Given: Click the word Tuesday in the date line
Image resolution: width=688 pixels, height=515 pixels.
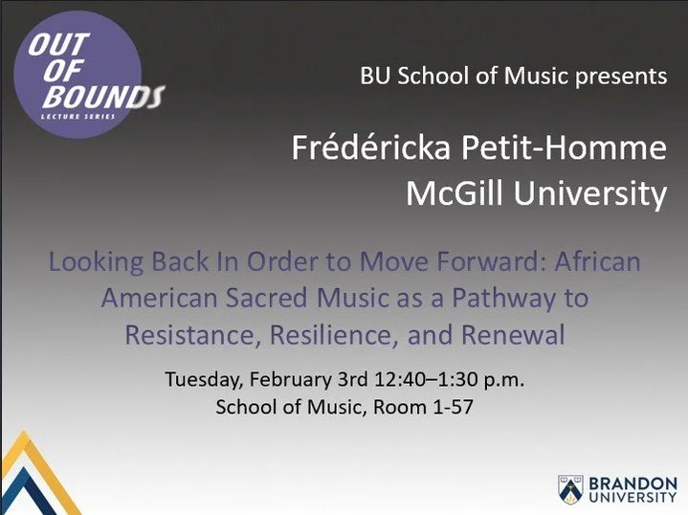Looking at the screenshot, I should (x=202, y=379).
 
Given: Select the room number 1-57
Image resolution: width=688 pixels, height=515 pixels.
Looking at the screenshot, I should (x=449, y=407).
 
